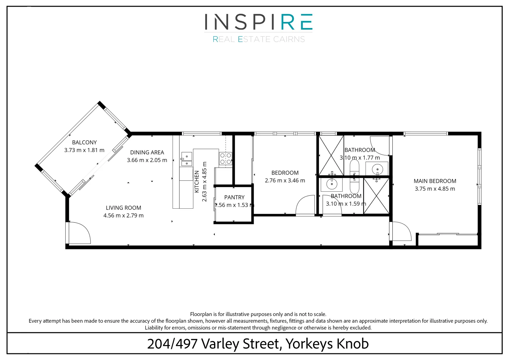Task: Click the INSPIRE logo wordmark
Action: (258, 22)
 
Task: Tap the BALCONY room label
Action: (84, 142)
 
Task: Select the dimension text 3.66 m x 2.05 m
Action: (147, 160)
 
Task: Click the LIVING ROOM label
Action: (123, 208)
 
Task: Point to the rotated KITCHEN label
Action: (197, 182)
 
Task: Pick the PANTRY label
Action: (234, 197)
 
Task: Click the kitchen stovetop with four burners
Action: (226, 158)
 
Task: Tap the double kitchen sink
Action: (187, 159)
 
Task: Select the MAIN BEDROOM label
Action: (435, 181)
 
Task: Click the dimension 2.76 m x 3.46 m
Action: (285, 181)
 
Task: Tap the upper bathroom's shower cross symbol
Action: (331, 155)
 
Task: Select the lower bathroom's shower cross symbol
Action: (376, 196)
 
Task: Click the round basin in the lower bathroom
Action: (332, 184)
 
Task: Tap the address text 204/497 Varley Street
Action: (214, 344)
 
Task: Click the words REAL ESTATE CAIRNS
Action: (259, 39)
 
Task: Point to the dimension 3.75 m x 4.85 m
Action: (435, 189)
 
